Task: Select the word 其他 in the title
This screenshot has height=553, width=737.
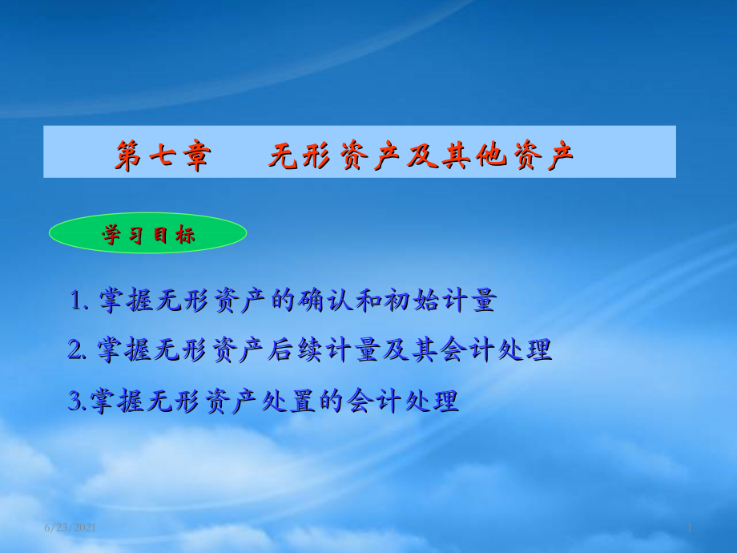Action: tap(473, 155)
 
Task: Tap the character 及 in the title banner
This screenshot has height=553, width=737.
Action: tap(423, 155)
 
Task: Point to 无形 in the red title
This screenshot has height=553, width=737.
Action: tap(300, 155)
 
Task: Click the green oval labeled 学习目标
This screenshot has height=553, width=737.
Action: tap(147, 233)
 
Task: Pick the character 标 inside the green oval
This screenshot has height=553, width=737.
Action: tap(185, 235)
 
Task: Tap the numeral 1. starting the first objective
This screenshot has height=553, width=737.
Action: tap(79, 300)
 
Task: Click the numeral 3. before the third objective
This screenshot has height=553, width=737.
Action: tap(78, 401)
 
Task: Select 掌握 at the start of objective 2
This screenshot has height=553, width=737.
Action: tap(123, 350)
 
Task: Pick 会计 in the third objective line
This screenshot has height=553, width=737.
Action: tap(373, 401)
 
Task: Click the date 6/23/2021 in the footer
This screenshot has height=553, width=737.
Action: tap(70, 527)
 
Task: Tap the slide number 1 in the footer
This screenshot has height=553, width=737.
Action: tap(690, 527)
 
